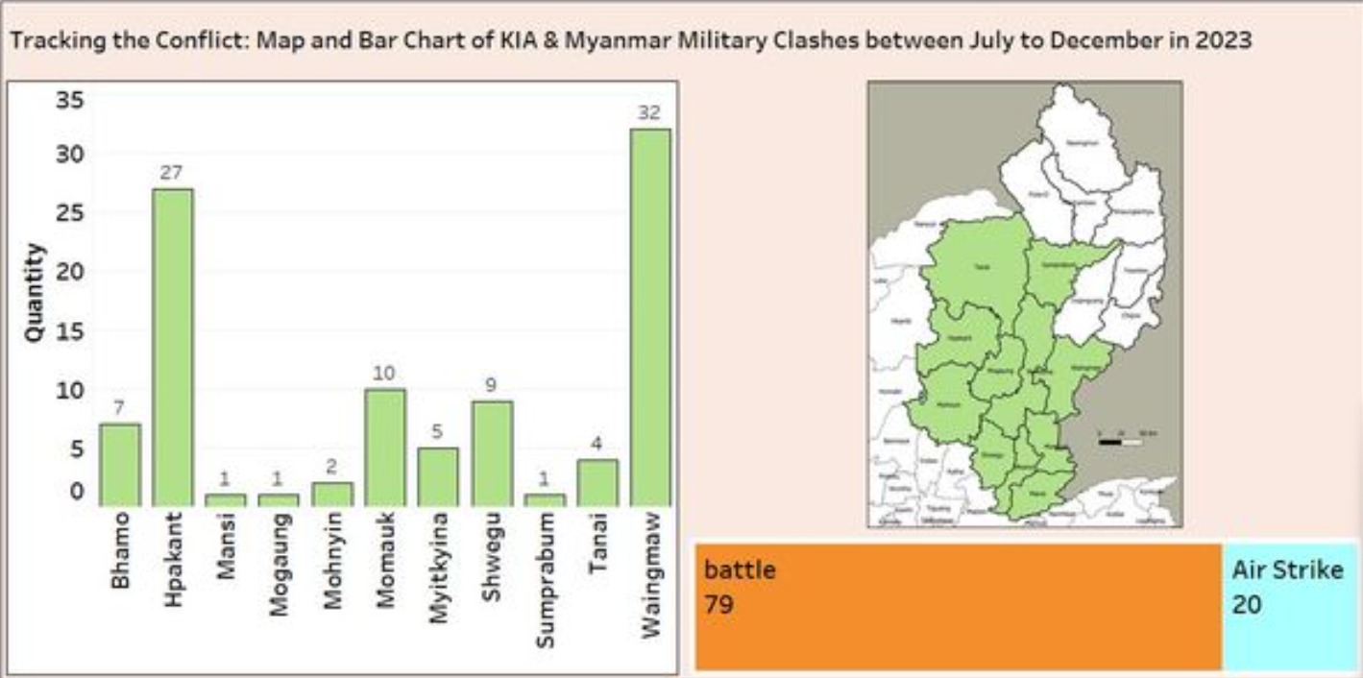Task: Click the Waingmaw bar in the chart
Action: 649,317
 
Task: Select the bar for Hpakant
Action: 172,347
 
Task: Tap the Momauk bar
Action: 384,447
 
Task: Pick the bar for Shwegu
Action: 491,452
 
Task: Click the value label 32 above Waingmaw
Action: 649,112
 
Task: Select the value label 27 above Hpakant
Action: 172,173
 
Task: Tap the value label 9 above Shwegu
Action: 491,385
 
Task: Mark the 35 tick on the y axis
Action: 71,101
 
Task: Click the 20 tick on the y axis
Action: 71,272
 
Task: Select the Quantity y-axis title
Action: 34,293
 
